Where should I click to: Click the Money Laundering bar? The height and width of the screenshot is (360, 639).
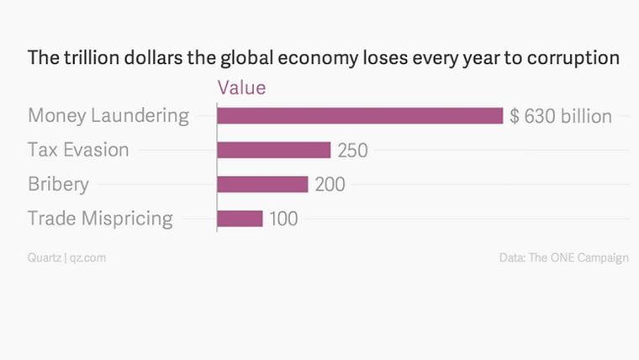360,115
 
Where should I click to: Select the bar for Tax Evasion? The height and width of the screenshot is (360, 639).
273,150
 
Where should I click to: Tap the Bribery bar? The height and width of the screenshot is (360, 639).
262,184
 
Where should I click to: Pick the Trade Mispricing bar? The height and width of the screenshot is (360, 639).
240,219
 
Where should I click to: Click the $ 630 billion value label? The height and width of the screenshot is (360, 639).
561,116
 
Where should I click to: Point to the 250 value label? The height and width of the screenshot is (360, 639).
353,151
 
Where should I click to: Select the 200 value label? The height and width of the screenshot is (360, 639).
330,185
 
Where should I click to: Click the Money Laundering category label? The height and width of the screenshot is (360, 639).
108,116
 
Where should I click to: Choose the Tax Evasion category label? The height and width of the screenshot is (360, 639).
78,150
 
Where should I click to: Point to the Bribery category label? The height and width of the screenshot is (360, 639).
58,184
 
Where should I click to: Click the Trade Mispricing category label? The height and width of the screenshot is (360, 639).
100,219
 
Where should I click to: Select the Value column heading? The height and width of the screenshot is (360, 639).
241,87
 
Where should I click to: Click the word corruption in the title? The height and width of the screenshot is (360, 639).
576,59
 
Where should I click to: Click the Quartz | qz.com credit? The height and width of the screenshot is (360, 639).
66,257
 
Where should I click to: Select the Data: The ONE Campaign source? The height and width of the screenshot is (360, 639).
563,257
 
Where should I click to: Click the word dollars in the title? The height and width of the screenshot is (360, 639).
145,59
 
